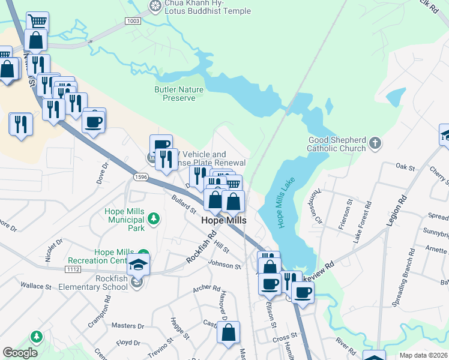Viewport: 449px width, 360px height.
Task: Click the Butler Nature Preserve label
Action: pos(179,94)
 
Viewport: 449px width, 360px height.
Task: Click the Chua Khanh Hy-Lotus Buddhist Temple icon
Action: pos(155,6)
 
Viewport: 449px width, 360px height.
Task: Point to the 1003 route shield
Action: pos(133,21)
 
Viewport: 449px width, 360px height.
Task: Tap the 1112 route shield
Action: pos(74,271)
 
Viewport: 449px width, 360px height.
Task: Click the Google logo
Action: pos(20,352)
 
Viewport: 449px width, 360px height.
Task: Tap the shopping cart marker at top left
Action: pos(37,22)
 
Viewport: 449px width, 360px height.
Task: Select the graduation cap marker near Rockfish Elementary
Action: pos(138,264)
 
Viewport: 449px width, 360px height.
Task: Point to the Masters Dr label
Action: pos(128,326)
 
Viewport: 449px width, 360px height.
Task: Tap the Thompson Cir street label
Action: pos(316,207)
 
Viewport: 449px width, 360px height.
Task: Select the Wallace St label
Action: pos(35,286)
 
